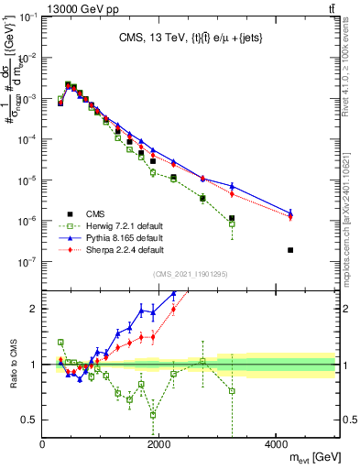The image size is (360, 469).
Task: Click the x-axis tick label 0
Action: click(x=42, y=445)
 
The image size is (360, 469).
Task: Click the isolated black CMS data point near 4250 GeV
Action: click(x=290, y=250)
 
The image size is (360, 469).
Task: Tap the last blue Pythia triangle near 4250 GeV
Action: click(x=290, y=212)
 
